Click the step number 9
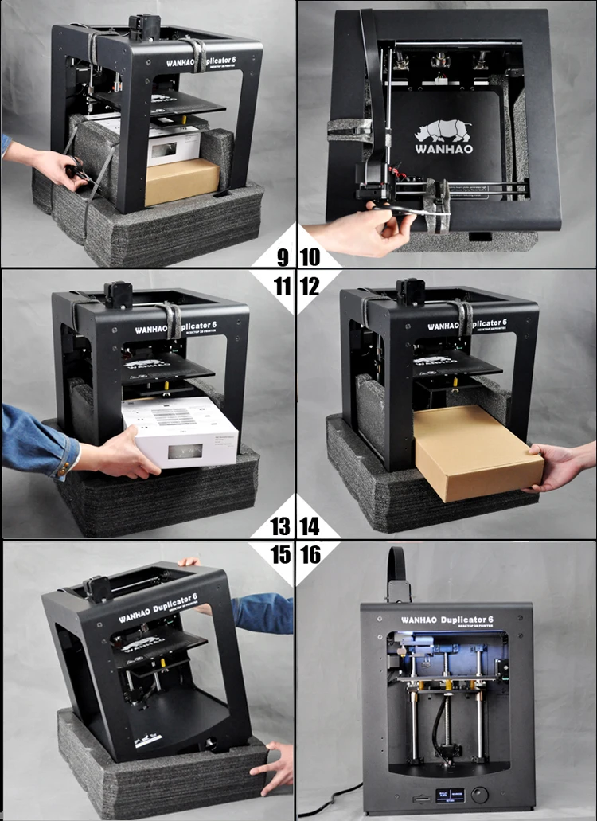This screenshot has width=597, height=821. tap(282, 256)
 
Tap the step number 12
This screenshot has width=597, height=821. tap(310, 285)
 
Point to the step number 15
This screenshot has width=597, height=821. tap(281, 554)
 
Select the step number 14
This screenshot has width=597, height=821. tap(310, 526)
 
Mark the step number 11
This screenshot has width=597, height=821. tap(282, 285)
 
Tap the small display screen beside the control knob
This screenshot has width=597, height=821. tap(447, 794)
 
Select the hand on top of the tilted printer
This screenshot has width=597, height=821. tap(189, 561)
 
